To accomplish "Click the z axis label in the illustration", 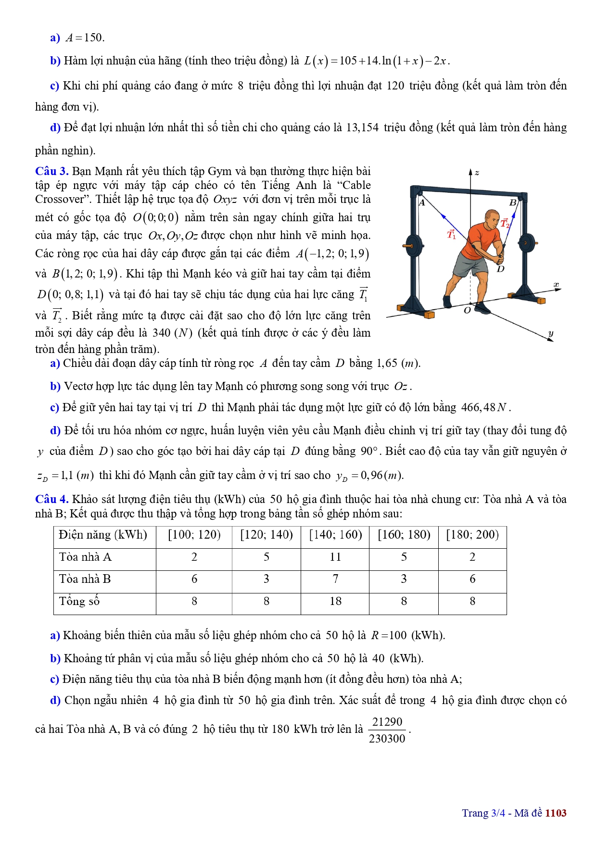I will [x=476, y=173].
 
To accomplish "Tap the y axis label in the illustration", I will [x=551, y=333].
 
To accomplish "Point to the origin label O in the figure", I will [x=467, y=310].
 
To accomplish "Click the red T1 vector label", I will [x=451, y=234].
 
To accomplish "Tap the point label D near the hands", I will [x=500, y=269].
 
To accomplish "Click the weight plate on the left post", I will [x=413, y=245].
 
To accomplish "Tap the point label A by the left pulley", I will [x=422, y=202].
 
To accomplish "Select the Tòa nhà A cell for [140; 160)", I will [x=335, y=557].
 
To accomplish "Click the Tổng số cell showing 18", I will [x=335, y=601].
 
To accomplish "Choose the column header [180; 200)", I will [x=472, y=535].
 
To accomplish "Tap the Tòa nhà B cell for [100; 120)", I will [x=194, y=579].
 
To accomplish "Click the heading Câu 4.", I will [x=51, y=499].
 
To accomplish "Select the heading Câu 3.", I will [x=51, y=171].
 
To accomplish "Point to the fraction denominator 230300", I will [x=387, y=739].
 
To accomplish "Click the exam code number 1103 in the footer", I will [x=556, y=813].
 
